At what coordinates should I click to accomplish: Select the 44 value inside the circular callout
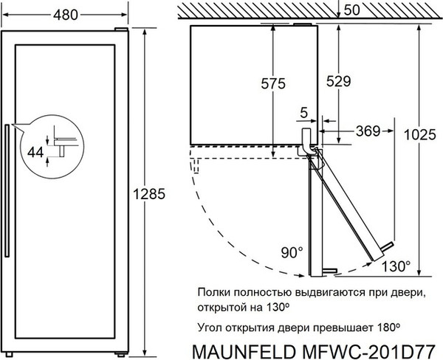point(35,151)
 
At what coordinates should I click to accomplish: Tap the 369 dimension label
point(367,131)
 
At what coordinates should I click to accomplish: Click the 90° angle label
point(291,253)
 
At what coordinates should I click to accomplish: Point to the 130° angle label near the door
point(396,266)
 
